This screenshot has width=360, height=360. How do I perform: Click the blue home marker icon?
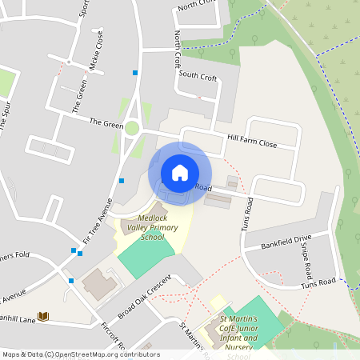(x=180, y=173)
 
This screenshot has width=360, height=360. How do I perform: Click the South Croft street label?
(x=198, y=76)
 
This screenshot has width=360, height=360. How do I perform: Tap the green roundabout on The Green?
(x=132, y=128)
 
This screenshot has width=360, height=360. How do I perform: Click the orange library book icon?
(x=44, y=317)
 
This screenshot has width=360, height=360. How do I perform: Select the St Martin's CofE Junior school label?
(x=238, y=332)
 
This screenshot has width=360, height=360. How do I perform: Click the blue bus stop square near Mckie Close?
(x=135, y=73)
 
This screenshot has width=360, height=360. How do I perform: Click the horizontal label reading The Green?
(x=106, y=122)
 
